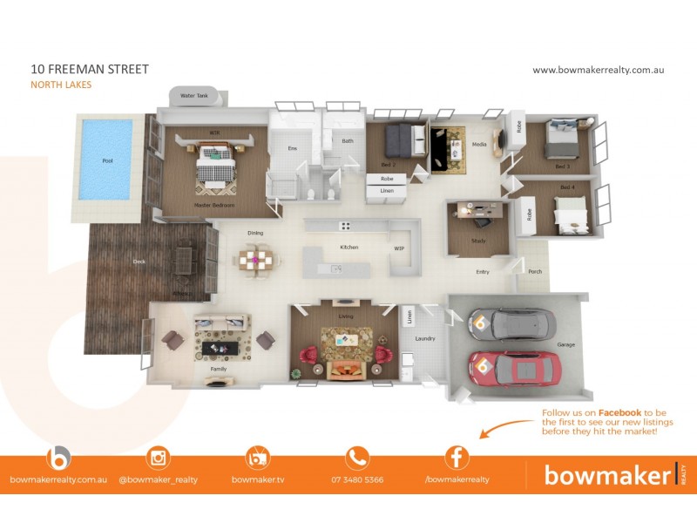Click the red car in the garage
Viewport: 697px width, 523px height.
pos(514,368)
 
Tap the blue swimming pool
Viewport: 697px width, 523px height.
pos(107,159)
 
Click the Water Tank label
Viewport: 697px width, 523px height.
pos(193,95)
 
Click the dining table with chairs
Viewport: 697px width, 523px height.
pos(256,259)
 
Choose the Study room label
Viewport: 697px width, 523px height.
pos(478,241)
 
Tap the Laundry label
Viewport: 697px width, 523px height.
pos(425,338)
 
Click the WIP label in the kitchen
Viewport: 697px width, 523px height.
pos(399,248)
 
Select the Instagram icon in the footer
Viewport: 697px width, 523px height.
pos(158,458)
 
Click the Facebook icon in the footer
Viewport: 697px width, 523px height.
pos(457,458)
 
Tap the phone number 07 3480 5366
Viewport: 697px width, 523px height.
pos(357,479)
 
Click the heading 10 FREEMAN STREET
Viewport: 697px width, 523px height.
pos(77,69)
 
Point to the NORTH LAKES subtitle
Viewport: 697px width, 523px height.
pos(61,85)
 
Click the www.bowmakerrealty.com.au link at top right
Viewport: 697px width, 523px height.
pos(598,70)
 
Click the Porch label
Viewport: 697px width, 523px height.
pos(535,271)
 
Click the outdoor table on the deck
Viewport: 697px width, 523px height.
pos(184,259)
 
